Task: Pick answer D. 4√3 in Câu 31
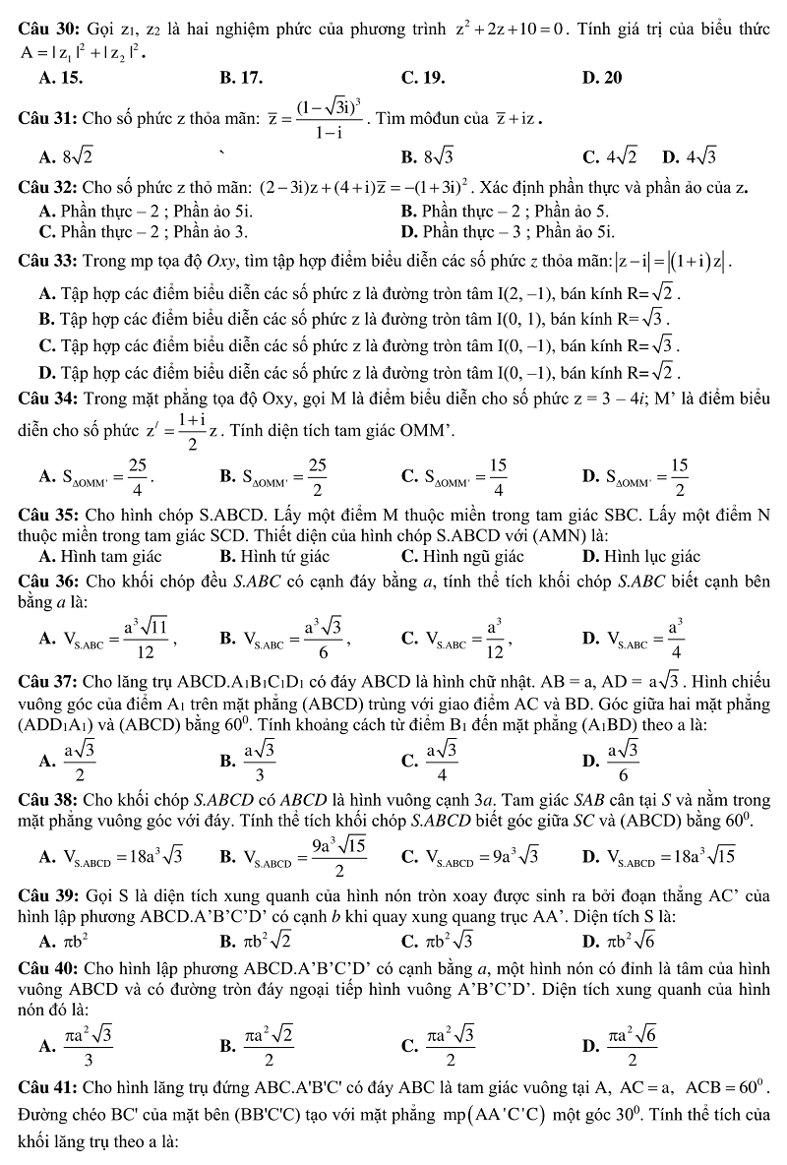click(690, 155)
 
